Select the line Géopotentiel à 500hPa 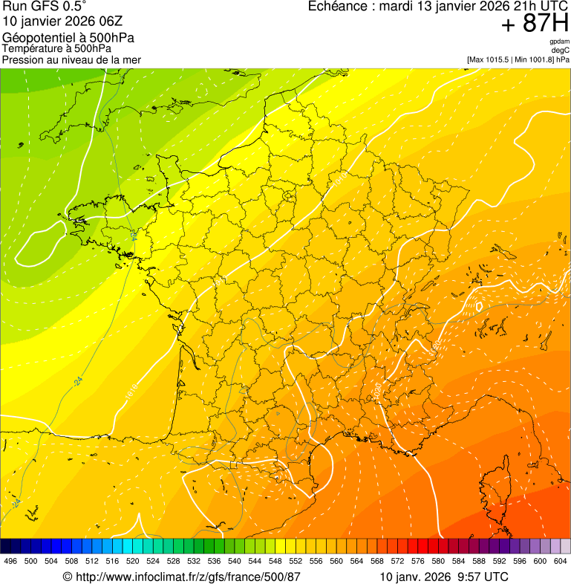tap(68, 38)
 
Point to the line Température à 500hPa tap(57, 49)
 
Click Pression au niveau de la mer tap(71, 59)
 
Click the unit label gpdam tap(559, 42)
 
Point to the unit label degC tap(561, 51)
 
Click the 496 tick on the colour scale tap(10, 561)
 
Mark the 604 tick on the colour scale tap(561, 561)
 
